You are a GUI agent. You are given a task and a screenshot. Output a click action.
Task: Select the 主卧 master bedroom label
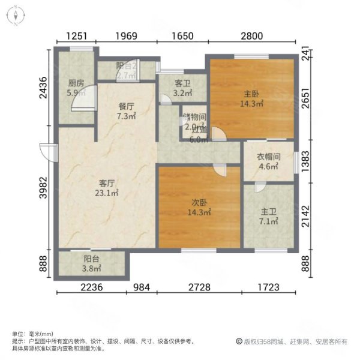click(x=253, y=93)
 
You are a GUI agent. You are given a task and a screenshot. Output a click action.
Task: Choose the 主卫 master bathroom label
click(x=268, y=212)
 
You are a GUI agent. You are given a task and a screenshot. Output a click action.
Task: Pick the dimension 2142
click(x=306, y=217)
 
